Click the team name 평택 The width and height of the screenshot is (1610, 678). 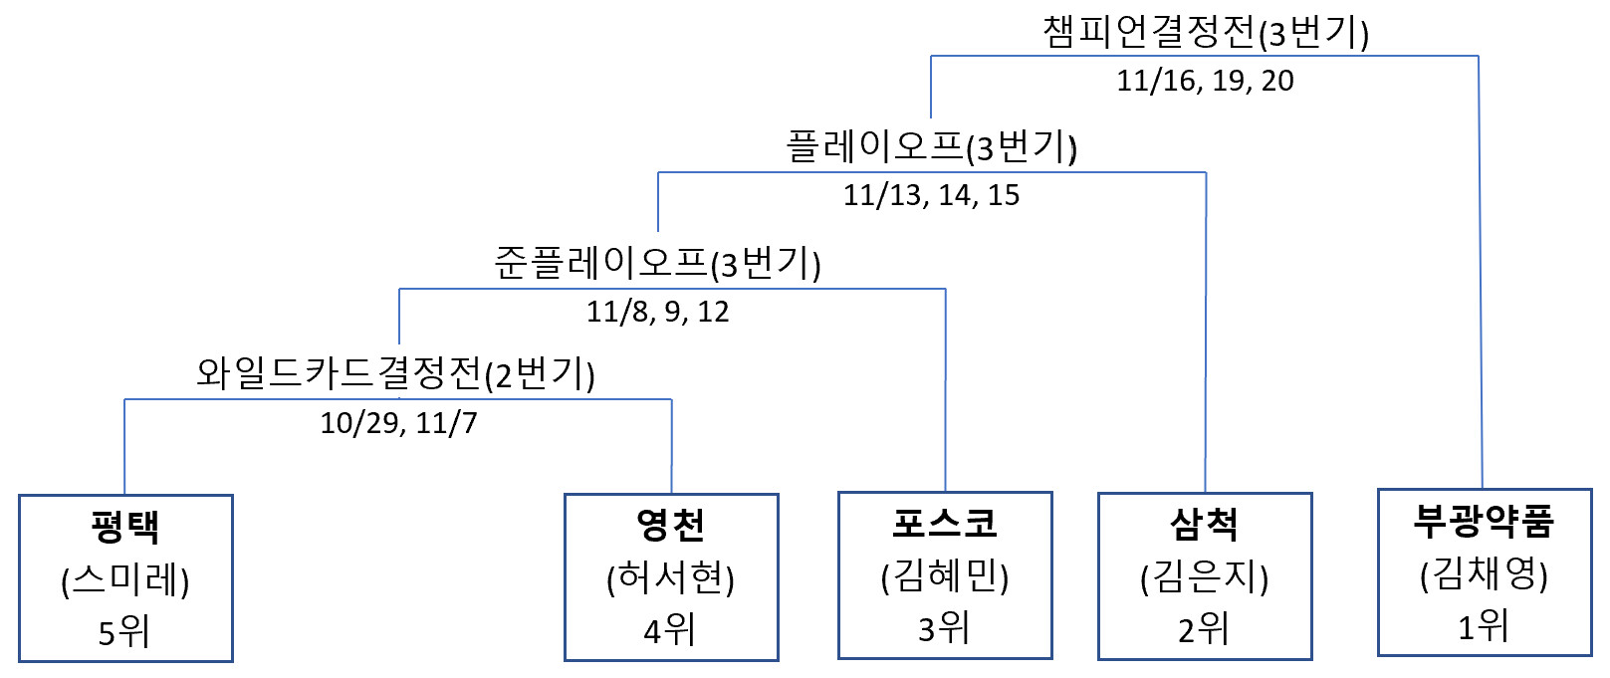(x=125, y=527)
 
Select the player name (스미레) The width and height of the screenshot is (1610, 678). (x=125, y=579)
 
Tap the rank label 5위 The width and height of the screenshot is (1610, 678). (x=124, y=631)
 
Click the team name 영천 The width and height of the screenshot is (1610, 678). (x=671, y=525)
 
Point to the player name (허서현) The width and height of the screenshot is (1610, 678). (x=671, y=577)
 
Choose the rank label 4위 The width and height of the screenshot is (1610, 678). (x=670, y=629)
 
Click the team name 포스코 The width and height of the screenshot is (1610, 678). (x=945, y=523)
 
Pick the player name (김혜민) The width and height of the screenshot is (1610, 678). (x=945, y=575)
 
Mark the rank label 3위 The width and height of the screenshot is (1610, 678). (x=944, y=627)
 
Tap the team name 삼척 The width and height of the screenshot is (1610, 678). (x=1205, y=524)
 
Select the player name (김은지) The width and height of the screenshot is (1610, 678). (x=1205, y=576)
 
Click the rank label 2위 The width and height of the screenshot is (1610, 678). (x=1204, y=628)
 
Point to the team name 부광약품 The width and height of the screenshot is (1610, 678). (x=1485, y=520)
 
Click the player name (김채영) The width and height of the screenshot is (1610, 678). (x=1485, y=573)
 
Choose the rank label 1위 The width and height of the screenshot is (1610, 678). (x=1484, y=626)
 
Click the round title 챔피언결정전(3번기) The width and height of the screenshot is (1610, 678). (x=1206, y=33)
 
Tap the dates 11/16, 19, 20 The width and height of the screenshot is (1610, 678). (x=1205, y=81)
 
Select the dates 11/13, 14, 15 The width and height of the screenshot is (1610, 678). (x=931, y=195)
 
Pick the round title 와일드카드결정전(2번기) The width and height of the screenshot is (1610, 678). (x=396, y=374)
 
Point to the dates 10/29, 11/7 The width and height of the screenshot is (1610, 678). (x=398, y=423)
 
